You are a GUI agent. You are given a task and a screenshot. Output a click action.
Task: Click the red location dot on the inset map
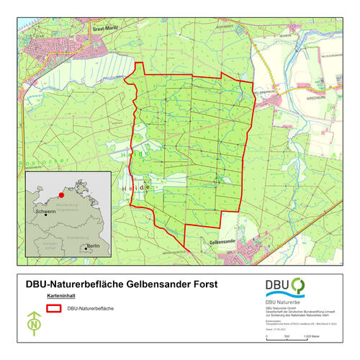pos(62,194)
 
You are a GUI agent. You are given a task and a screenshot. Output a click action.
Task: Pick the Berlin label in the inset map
pos(92,246)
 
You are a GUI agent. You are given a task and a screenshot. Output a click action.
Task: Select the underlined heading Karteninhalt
pos(60,296)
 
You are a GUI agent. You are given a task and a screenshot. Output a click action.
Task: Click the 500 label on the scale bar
pos(287,336)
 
